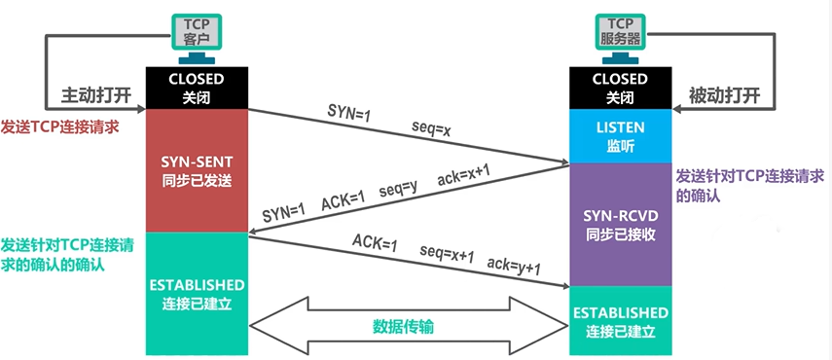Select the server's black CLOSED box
620,88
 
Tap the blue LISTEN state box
620,136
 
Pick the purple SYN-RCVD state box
620,224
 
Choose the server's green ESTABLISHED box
620,321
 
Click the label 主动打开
95,97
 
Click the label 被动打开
724,97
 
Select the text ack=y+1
512,268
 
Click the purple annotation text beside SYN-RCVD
749,184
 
